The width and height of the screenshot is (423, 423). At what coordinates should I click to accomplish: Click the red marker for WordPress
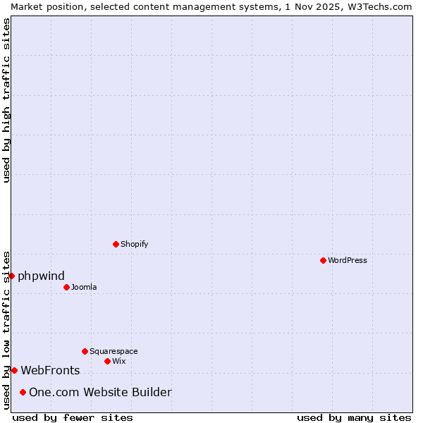(323, 260)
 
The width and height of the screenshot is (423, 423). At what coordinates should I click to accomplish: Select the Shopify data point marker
(116, 244)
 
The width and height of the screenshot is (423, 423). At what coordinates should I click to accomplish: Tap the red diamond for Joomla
(66, 287)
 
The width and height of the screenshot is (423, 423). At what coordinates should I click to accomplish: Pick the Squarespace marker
(85, 351)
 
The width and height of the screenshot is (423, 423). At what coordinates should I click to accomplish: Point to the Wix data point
(107, 361)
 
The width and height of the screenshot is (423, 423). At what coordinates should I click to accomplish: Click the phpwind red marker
(11, 276)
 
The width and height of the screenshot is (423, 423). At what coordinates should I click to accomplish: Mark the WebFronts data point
(14, 370)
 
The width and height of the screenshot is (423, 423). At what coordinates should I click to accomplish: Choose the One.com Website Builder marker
(23, 392)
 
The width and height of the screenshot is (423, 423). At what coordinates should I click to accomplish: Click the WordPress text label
(347, 260)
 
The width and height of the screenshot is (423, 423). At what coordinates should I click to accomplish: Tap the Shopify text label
(134, 244)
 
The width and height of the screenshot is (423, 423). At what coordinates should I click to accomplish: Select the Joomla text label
(84, 287)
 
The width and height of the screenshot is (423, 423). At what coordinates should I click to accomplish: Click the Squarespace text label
(114, 351)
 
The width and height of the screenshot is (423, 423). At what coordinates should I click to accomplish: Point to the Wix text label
(118, 361)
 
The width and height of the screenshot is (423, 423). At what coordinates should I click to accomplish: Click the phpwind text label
(41, 276)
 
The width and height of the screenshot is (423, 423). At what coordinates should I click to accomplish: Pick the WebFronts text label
(50, 370)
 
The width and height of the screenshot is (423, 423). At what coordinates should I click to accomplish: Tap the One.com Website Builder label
(100, 392)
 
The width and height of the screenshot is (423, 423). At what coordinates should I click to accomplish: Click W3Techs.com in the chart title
(374, 6)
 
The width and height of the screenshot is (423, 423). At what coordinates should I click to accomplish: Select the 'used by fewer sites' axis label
(73, 417)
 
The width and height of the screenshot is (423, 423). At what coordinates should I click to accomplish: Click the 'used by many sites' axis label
(354, 417)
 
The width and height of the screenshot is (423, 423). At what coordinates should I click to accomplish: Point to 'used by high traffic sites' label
(6, 100)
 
